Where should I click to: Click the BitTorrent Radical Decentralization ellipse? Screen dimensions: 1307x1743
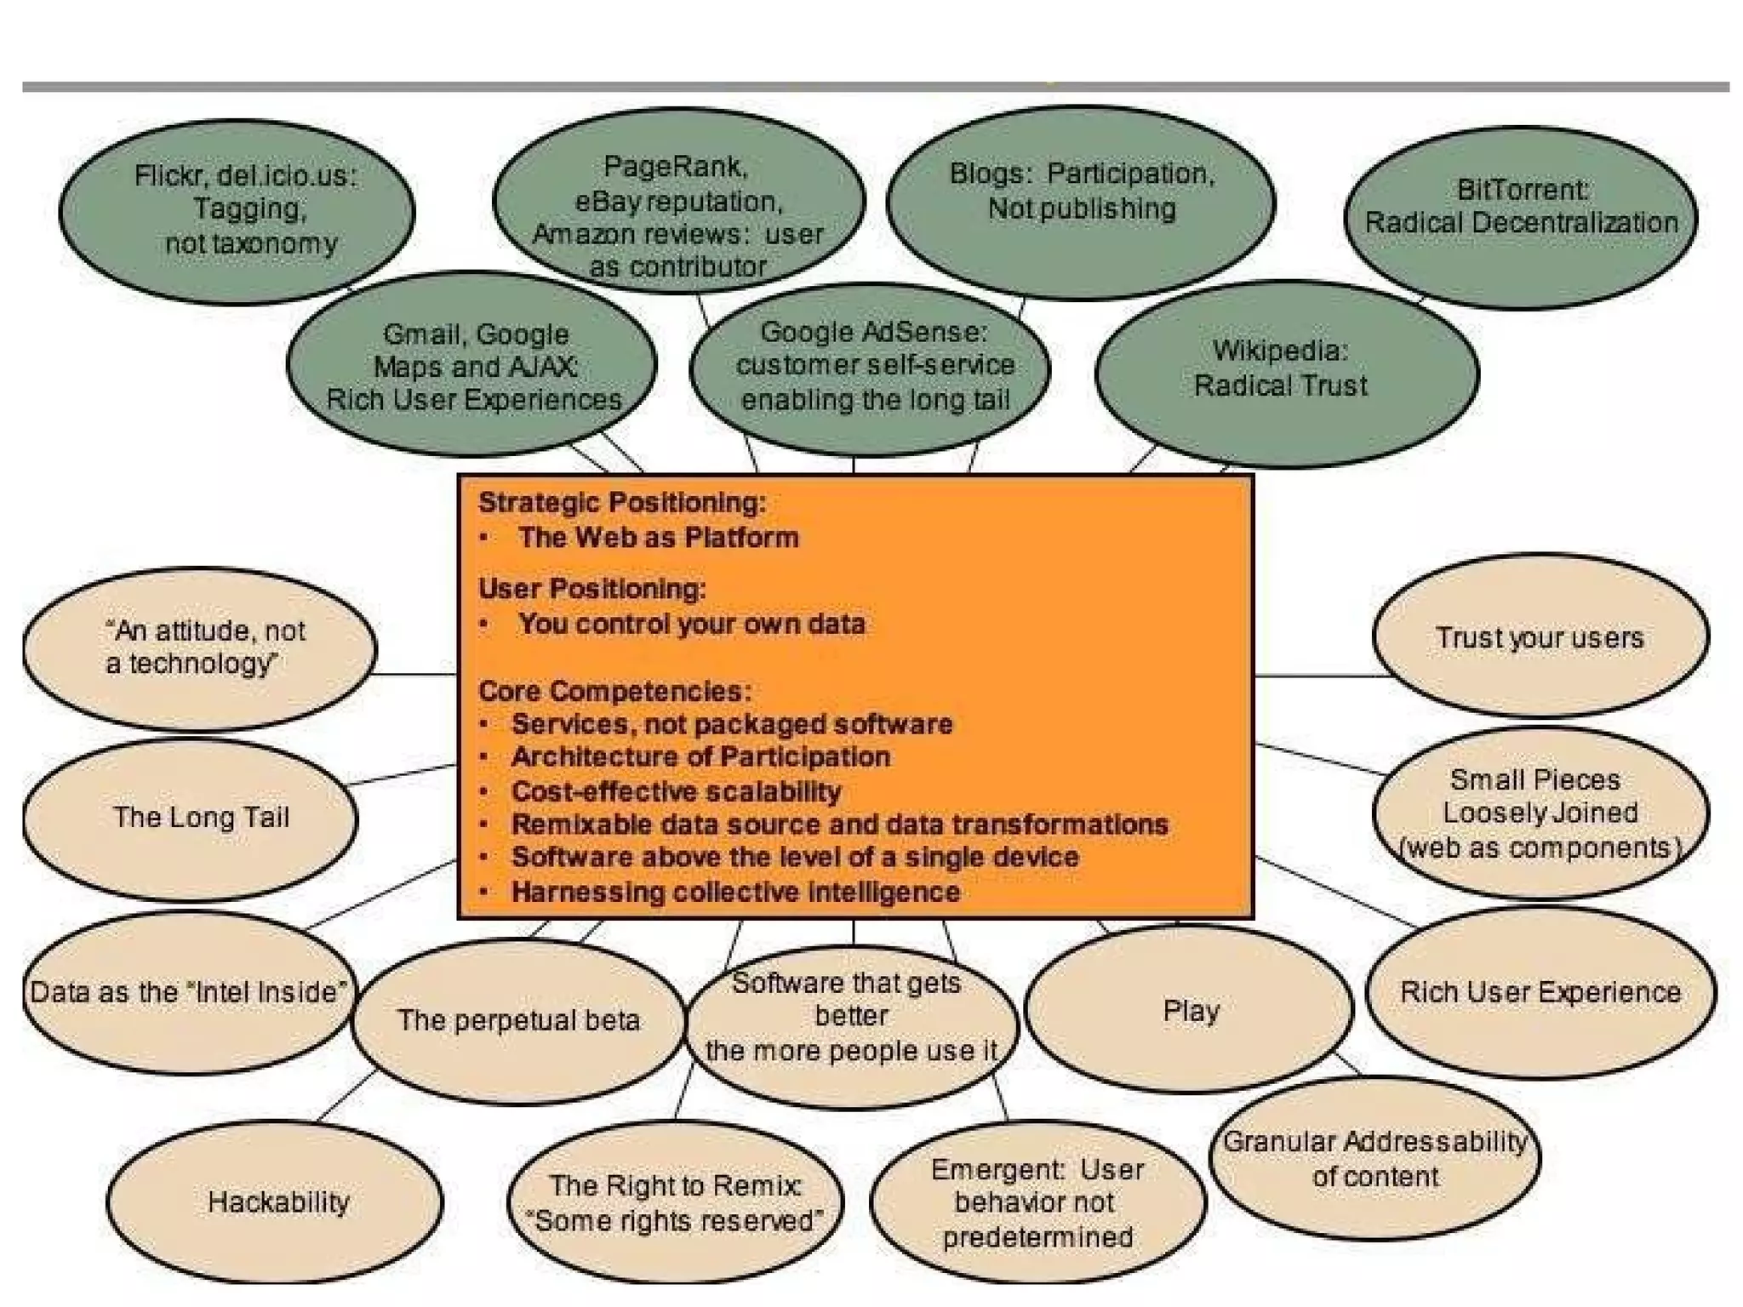(1521, 217)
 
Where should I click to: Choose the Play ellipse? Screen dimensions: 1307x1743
(1189, 1009)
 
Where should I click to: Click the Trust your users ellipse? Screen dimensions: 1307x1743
(1539, 637)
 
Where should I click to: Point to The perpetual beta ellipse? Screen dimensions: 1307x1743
(518, 1019)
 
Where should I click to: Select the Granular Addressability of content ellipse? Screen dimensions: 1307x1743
(1374, 1158)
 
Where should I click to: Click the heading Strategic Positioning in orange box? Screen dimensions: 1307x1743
(622, 503)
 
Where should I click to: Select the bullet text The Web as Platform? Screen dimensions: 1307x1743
(658, 538)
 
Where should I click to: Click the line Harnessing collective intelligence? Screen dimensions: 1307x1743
(735, 892)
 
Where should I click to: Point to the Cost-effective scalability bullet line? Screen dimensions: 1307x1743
(676, 791)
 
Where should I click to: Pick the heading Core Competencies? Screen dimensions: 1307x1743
(614, 691)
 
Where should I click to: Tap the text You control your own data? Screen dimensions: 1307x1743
(691, 624)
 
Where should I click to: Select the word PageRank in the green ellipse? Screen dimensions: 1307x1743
(675, 167)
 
